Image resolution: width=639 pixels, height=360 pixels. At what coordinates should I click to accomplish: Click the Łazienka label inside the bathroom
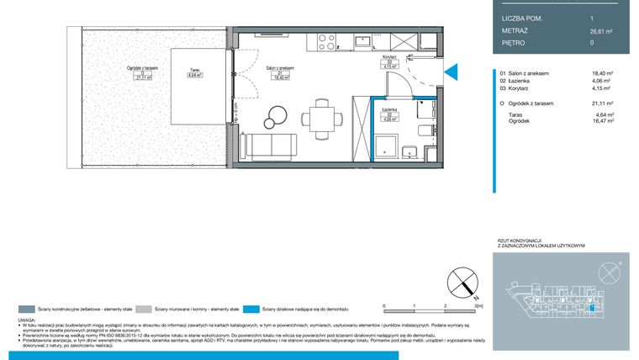[388, 110]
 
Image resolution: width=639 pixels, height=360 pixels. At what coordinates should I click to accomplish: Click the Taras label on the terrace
[194, 71]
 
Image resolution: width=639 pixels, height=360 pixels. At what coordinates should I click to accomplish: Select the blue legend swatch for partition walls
[249, 309]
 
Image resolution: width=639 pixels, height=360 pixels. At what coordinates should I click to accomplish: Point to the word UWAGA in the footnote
[27, 320]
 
